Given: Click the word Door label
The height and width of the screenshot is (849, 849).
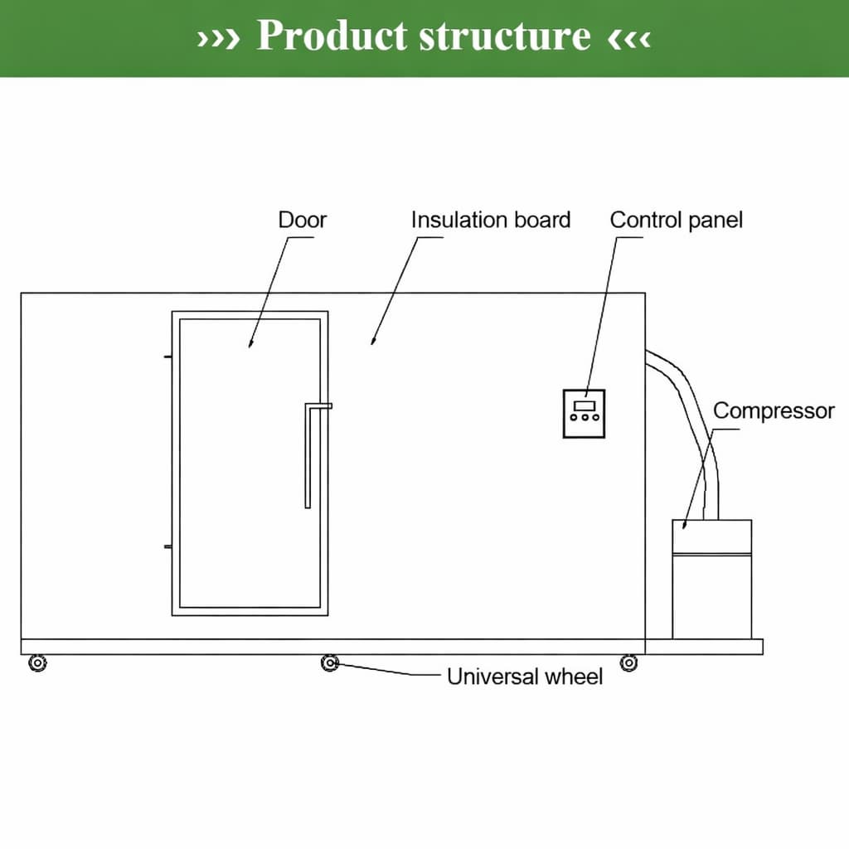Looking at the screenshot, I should [302, 221].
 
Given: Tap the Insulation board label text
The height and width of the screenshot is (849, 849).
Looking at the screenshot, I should [491, 221].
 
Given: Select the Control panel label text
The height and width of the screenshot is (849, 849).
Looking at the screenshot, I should [676, 221].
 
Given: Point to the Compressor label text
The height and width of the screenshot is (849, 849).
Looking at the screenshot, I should [774, 411].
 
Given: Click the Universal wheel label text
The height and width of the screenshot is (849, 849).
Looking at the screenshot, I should [525, 677].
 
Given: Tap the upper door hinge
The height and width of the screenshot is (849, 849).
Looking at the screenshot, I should [168, 357].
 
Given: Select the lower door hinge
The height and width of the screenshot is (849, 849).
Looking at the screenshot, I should [168, 547].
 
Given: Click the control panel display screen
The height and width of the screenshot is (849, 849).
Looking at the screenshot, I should [585, 405].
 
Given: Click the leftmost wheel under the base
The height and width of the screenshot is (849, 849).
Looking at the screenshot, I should [37, 663].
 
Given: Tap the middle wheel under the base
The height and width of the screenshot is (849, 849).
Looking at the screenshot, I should [330, 662].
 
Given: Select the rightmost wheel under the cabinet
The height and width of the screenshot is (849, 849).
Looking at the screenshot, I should [629, 662].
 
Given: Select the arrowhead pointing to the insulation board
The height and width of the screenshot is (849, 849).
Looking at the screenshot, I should [374, 340].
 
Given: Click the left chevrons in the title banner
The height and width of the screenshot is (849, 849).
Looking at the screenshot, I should [218, 38].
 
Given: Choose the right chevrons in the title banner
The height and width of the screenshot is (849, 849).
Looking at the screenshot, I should [629, 38].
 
